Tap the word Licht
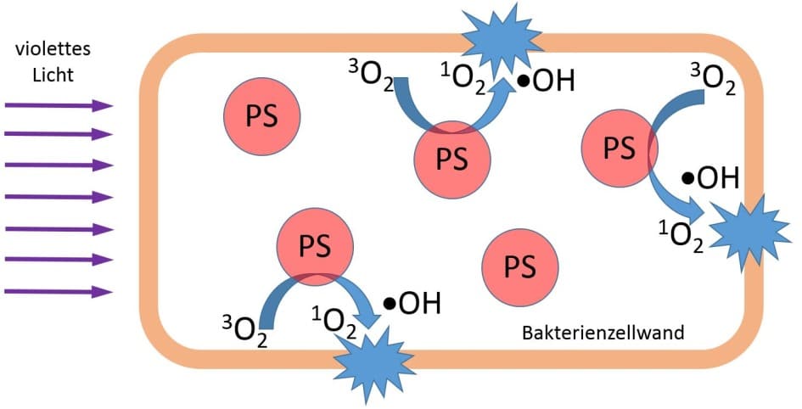click(x=53, y=75)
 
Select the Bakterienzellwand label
click(x=603, y=333)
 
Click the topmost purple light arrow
click(x=59, y=105)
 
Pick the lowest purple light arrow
click(x=59, y=292)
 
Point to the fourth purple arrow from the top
click(x=59, y=198)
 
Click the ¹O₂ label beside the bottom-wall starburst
click(x=334, y=320)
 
